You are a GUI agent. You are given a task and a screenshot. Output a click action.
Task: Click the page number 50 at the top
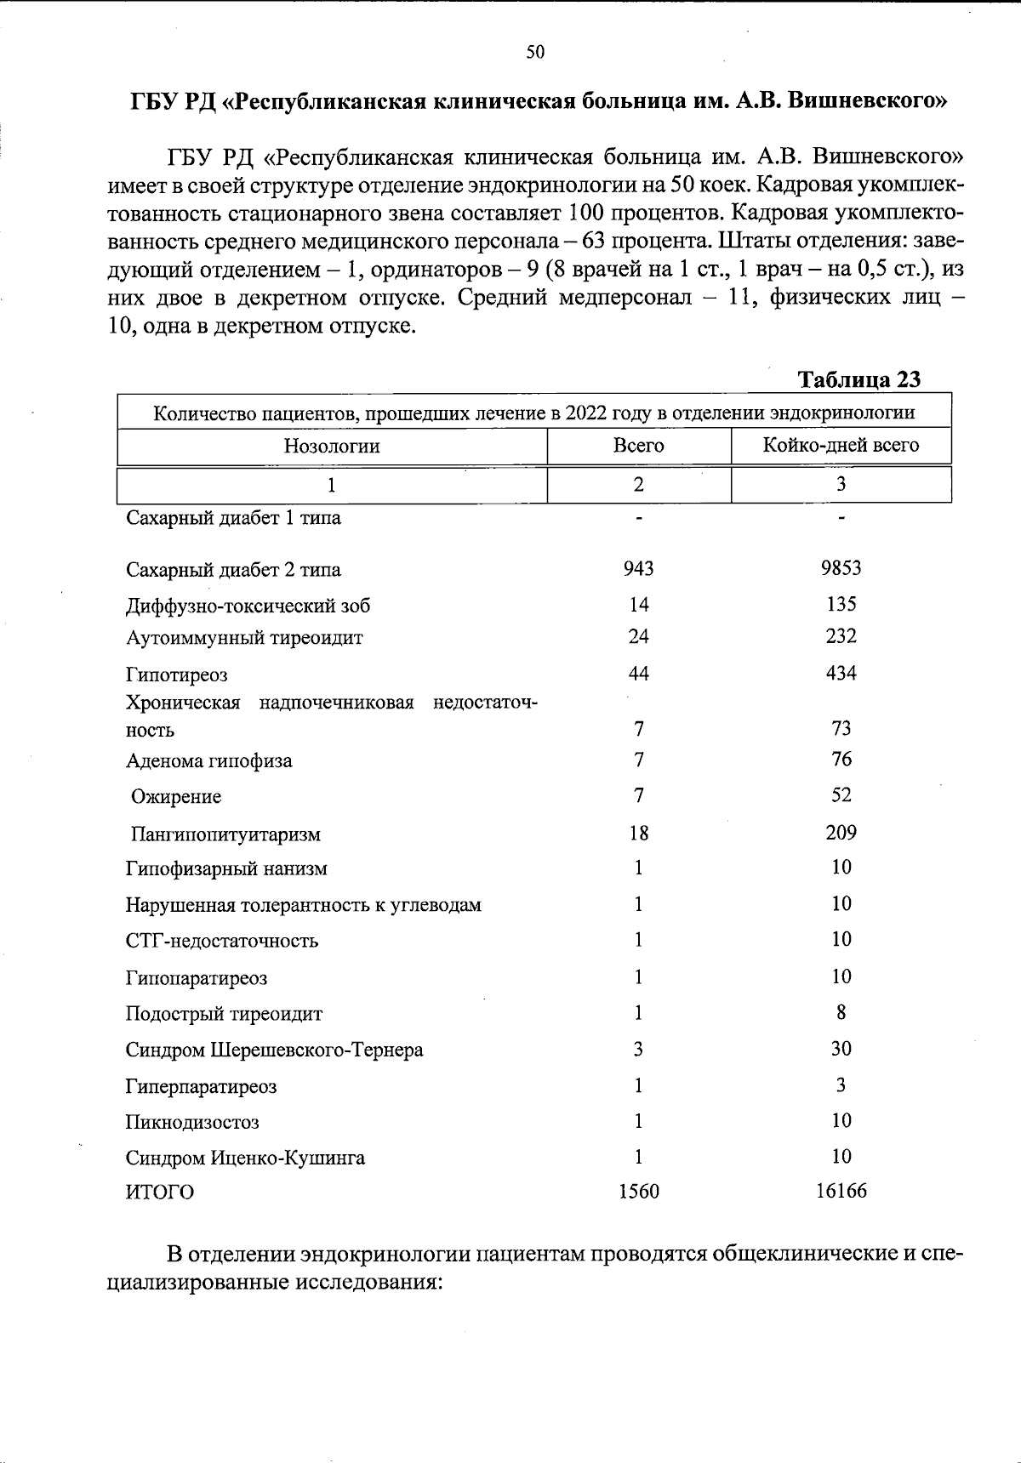(535, 53)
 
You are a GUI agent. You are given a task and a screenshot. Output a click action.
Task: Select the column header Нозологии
(332, 446)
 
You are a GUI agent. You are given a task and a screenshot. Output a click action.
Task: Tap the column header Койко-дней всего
(841, 445)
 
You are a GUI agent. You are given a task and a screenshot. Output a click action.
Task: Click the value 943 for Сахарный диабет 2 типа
(638, 568)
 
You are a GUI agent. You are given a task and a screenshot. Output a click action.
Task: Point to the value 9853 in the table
(841, 568)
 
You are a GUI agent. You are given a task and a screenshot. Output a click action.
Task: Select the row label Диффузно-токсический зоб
(248, 606)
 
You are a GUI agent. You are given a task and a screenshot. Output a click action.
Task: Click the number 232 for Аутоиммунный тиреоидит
(841, 636)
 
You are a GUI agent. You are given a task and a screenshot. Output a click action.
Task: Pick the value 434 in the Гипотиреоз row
(841, 674)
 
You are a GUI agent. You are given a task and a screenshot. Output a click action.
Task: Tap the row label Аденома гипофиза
(209, 761)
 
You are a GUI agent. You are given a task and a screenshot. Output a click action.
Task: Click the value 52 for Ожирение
(841, 795)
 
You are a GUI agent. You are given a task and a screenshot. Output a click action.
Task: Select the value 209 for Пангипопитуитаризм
(841, 833)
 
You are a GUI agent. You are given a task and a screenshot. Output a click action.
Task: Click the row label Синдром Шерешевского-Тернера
(274, 1050)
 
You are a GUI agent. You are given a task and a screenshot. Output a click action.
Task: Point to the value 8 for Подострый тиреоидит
(841, 1013)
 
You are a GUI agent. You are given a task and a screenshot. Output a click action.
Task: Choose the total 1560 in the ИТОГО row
(638, 1193)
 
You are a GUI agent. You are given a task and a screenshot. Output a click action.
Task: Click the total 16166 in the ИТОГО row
(841, 1192)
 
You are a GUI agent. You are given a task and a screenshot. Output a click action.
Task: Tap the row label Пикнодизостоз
(192, 1123)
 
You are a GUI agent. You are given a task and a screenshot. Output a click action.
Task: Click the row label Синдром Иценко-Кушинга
(245, 1158)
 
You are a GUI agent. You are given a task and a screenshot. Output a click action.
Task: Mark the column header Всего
(638, 446)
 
